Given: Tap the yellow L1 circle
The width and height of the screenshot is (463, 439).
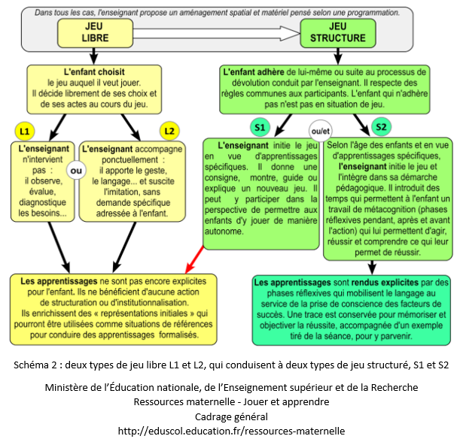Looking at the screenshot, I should point(25,131).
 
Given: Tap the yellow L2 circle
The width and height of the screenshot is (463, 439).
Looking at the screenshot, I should point(169,131).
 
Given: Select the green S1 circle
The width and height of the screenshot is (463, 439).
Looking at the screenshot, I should point(259,127).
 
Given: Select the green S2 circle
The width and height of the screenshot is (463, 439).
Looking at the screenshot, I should point(381,127).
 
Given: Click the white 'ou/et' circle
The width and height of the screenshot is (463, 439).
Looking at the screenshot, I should point(320,130).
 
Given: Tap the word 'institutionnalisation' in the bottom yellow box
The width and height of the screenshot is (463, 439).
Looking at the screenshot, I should point(135,303).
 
